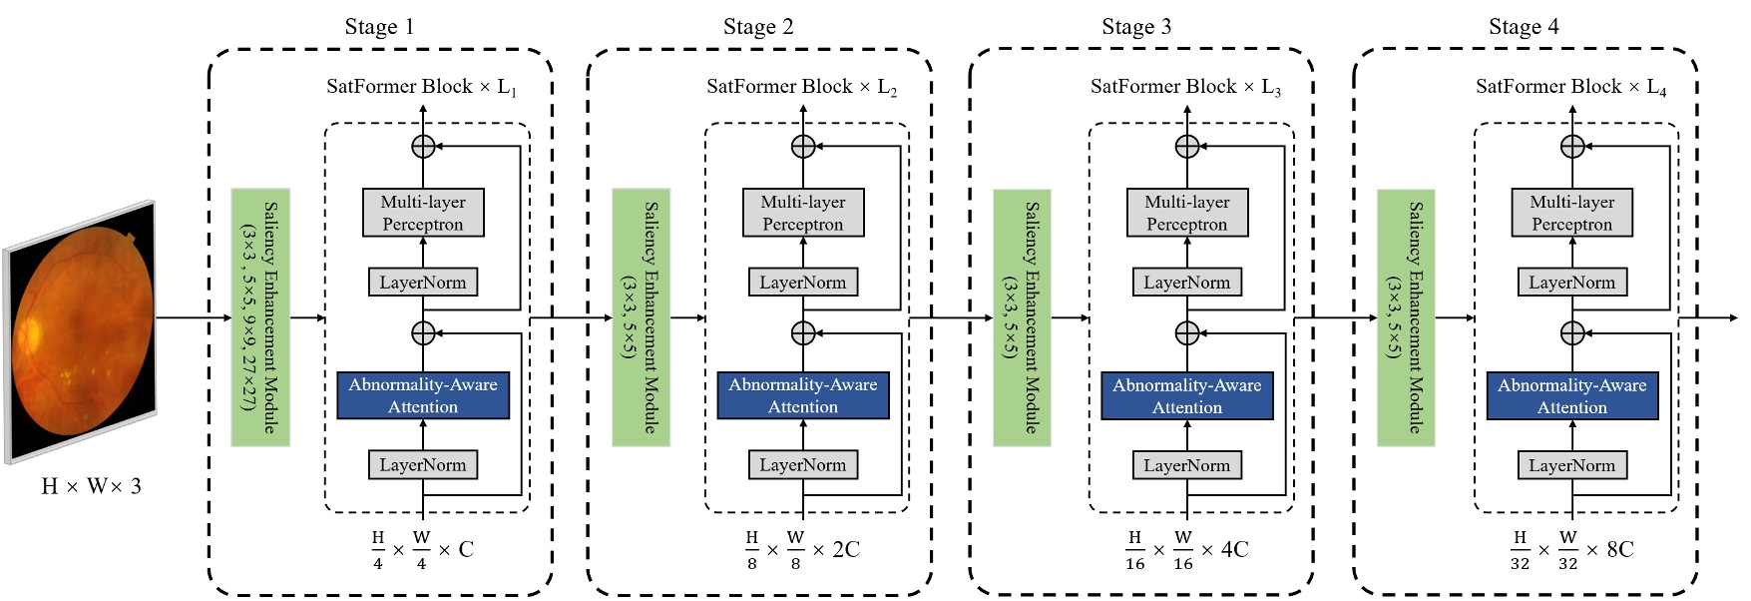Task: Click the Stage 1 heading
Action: [379, 27]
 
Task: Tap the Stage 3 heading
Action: [1136, 27]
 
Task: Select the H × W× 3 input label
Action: [91, 486]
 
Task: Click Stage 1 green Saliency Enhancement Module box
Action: [260, 316]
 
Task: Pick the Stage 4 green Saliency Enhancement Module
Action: [1406, 316]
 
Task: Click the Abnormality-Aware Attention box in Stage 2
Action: [803, 395]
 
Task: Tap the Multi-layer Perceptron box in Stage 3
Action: [1187, 213]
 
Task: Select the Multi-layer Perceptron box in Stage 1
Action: [423, 213]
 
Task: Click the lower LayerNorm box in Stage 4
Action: [1571, 465]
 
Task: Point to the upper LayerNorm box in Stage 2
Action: [803, 283]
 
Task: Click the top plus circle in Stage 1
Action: [423, 146]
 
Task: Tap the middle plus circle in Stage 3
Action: [1187, 332]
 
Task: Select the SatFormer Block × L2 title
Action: [801, 88]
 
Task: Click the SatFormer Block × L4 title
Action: [1570, 88]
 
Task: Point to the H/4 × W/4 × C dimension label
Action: [422, 550]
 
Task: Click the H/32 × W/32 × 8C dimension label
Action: [1571, 550]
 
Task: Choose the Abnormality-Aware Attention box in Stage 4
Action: [1571, 395]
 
